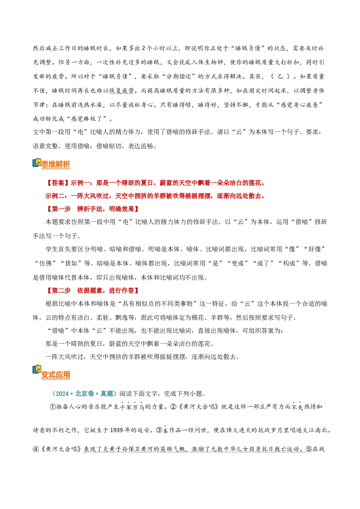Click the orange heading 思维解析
55,164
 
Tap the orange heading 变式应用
55,375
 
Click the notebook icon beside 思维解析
37,162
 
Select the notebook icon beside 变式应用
37,370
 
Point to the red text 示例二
54,196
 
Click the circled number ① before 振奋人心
53,407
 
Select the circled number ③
159,430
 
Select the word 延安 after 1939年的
144,430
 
